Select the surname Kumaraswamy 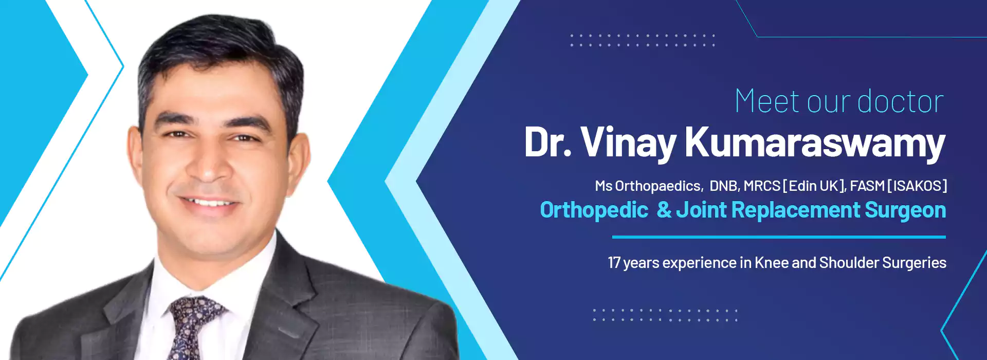[815, 143]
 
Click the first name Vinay [629, 143]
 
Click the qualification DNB [724, 186]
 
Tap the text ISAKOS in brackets [917, 186]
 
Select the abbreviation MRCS [762, 186]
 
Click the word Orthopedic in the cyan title [594, 210]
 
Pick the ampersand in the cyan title [664, 210]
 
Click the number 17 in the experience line [614, 263]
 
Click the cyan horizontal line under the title [779, 237]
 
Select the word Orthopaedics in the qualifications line [658, 186]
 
